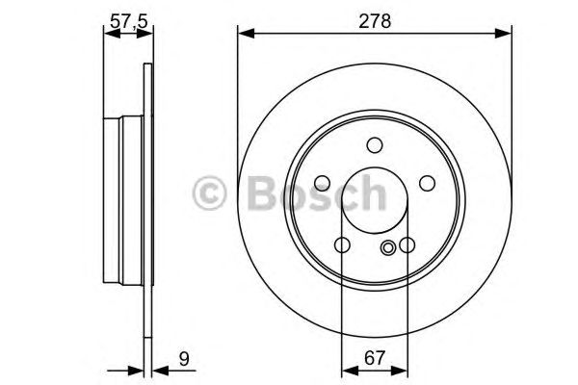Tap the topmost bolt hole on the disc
coord(374,145)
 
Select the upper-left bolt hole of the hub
coord(325,181)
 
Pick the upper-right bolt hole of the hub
coord(423,181)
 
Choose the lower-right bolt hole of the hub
coord(406,244)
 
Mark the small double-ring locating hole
coord(388,248)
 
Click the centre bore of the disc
coord(374,204)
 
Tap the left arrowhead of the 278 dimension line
coord(244,36)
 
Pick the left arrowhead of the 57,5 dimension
coord(108,36)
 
